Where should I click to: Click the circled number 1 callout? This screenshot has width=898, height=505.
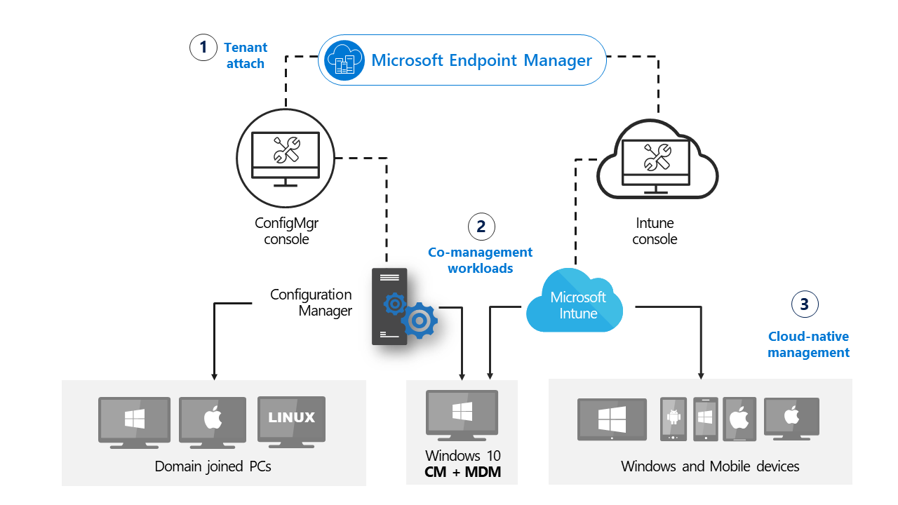pos(203,48)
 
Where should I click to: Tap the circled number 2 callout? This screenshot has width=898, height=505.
pos(481,226)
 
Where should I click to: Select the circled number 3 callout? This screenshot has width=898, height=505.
pos(805,304)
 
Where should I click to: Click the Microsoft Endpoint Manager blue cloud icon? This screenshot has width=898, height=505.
pos(344,60)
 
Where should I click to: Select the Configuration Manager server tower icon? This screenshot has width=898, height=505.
pos(390,306)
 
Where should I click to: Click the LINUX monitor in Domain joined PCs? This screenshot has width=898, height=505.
pos(292,420)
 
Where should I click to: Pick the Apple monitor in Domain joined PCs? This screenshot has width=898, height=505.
pos(213,421)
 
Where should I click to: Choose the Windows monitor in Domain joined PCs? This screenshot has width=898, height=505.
pos(134,421)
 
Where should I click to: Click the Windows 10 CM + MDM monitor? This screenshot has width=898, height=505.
pos(462,414)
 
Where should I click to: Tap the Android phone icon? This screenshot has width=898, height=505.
pos(673,419)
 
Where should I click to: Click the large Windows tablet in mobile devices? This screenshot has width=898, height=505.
pos(612,419)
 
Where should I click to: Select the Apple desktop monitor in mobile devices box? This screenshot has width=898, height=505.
pos(791,417)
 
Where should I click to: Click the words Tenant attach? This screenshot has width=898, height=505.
pos(245,55)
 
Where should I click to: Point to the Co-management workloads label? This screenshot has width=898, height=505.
pos(481,260)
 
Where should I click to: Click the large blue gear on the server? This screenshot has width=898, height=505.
pos(419,321)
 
